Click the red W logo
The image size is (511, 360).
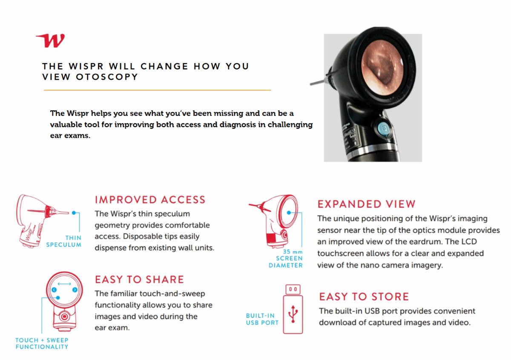(51, 40)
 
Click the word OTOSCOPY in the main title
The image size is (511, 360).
(107, 77)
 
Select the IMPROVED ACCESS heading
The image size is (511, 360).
(150, 200)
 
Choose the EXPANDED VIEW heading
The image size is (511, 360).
(366, 204)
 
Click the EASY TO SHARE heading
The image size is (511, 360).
(139, 279)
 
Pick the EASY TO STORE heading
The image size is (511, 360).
(364, 297)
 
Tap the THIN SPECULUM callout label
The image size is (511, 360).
(63, 241)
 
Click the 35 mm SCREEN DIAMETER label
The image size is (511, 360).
(286, 259)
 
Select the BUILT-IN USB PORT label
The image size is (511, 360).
(262, 319)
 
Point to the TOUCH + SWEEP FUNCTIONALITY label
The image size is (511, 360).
(42, 343)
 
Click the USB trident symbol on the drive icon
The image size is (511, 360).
(293, 314)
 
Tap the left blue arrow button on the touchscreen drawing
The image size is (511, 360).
(54, 290)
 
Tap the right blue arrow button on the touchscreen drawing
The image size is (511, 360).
(75, 290)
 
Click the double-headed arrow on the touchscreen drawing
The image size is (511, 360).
(64, 284)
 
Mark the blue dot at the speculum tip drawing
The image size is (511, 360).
(74, 213)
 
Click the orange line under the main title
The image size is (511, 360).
(158, 90)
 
